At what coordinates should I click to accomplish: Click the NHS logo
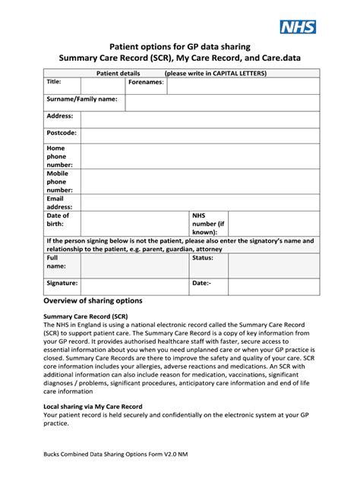click(x=298, y=28)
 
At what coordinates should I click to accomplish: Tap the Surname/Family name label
click(x=82, y=99)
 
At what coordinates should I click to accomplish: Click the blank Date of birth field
click(x=134, y=224)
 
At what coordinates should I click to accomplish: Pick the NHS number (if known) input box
click(x=273, y=224)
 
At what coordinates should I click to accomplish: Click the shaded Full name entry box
click(x=134, y=266)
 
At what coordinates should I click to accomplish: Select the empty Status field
click(x=273, y=266)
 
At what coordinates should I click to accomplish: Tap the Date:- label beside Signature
click(x=201, y=283)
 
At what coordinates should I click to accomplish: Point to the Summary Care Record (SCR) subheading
click(x=85, y=315)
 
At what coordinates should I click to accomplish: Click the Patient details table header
click(x=180, y=73)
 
